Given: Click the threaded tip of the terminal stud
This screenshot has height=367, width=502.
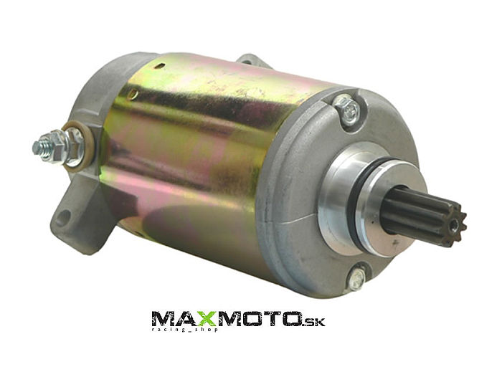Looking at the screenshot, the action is [x=39, y=147].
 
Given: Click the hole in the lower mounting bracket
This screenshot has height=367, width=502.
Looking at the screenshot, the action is [x=63, y=218].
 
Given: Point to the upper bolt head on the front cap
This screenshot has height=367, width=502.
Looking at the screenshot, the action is [x=347, y=108].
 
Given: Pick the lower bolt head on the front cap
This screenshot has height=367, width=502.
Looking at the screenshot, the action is [x=357, y=277].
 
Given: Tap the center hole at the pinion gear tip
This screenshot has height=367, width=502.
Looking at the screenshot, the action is [x=454, y=227].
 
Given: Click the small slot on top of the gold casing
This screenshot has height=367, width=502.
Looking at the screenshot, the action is [x=160, y=66].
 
